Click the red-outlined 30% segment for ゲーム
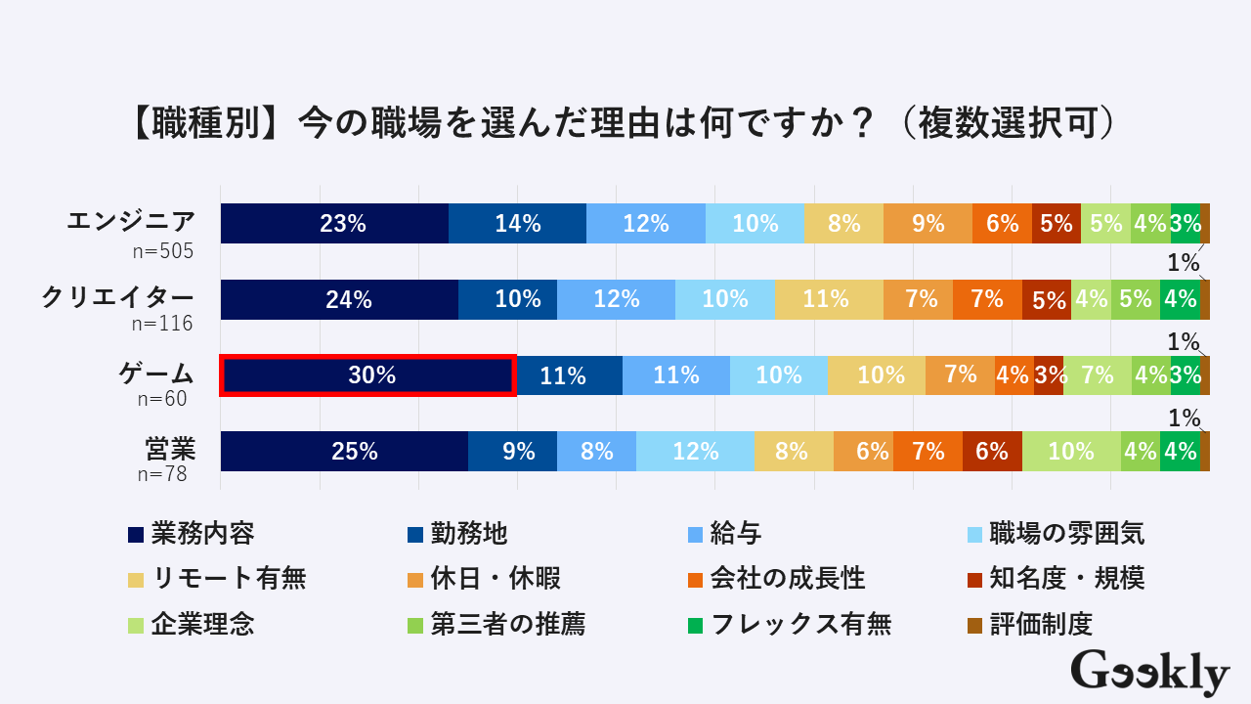(368, 375)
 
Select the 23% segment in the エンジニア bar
(334, 224)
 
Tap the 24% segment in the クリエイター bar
(339, 299)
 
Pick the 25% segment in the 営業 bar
(344, 451)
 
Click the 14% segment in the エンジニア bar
(517, 224)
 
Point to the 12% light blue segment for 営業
(695, 451)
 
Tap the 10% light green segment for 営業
(1071, 451)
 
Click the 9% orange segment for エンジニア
(927, 224)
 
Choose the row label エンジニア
(131, 221)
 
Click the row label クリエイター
(117, 297)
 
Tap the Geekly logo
(1149, 673)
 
